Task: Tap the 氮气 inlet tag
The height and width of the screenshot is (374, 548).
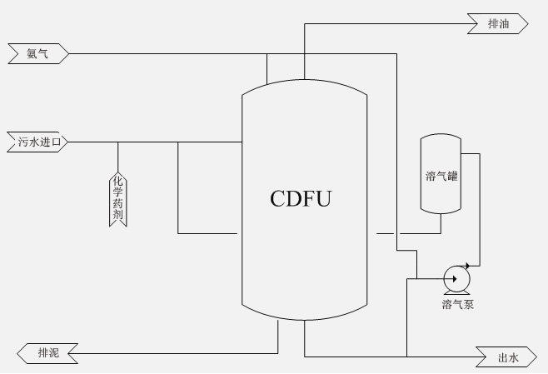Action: (x=37, y=54)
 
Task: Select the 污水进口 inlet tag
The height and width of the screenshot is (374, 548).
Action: (x=37, y=142)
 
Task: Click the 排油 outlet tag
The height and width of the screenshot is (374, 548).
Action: (x=498, y=24)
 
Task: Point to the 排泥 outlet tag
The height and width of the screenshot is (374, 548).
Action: (x=48, y=354)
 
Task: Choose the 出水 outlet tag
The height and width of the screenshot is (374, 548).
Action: (x=507, y=357)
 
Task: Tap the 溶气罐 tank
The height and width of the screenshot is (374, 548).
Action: (x=441, y=176)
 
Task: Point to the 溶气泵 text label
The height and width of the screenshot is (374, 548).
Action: (x=458, y=305)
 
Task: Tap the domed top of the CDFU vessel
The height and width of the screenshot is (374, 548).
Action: (x=305, y=91)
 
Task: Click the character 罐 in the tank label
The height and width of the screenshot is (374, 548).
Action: (x=452, y=176)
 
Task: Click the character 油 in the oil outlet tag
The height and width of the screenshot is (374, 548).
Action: (x=503, y=24)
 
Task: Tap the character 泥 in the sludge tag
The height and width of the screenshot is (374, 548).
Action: (x=54, y=354)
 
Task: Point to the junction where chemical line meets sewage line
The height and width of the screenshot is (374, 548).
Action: (x=117, y=142)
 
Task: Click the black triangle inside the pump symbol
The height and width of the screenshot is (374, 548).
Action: (x=456, y=280)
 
